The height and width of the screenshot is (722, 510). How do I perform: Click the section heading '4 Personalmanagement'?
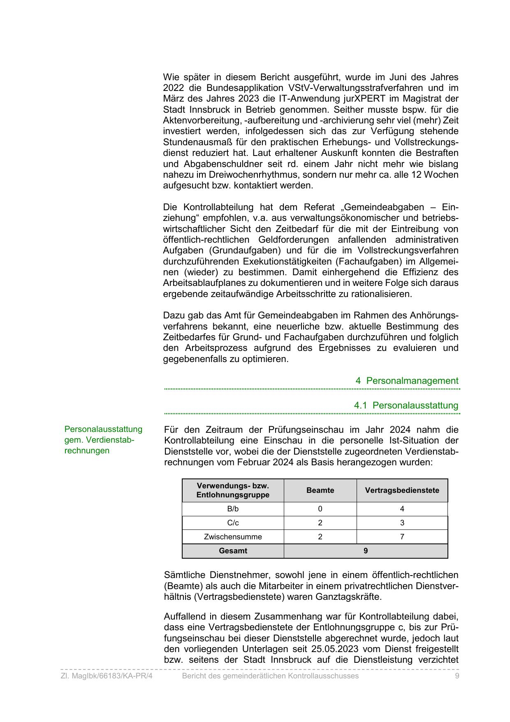coord(407,381)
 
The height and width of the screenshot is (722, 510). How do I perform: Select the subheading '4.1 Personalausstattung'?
coord(406,405)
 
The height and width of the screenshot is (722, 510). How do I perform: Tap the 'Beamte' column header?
coord(320,490)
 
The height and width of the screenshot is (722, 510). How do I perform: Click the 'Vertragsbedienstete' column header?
coord(402,490)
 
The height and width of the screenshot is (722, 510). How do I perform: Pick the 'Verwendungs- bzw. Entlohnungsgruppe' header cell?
coord(233,490)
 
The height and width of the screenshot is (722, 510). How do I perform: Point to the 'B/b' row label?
coord(233,509)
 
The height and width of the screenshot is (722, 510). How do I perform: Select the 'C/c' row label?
coord(233,523)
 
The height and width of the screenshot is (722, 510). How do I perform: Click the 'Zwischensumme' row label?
coord(233,537)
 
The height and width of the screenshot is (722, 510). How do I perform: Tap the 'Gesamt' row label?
coord(233,551)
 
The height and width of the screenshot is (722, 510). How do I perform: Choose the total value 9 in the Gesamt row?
coord(366,551)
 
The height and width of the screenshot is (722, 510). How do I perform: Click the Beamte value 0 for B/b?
coord(320,509)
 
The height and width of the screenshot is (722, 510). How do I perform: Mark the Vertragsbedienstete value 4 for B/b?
coord(402,509)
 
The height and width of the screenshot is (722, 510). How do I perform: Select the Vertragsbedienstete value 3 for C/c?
coord(402,523)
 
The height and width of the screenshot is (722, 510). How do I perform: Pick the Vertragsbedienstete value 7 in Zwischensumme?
coord(402,537)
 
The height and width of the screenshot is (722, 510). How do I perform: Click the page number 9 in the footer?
coord(457,676)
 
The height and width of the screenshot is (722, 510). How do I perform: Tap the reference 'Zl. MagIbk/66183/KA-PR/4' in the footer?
coord(107,676)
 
